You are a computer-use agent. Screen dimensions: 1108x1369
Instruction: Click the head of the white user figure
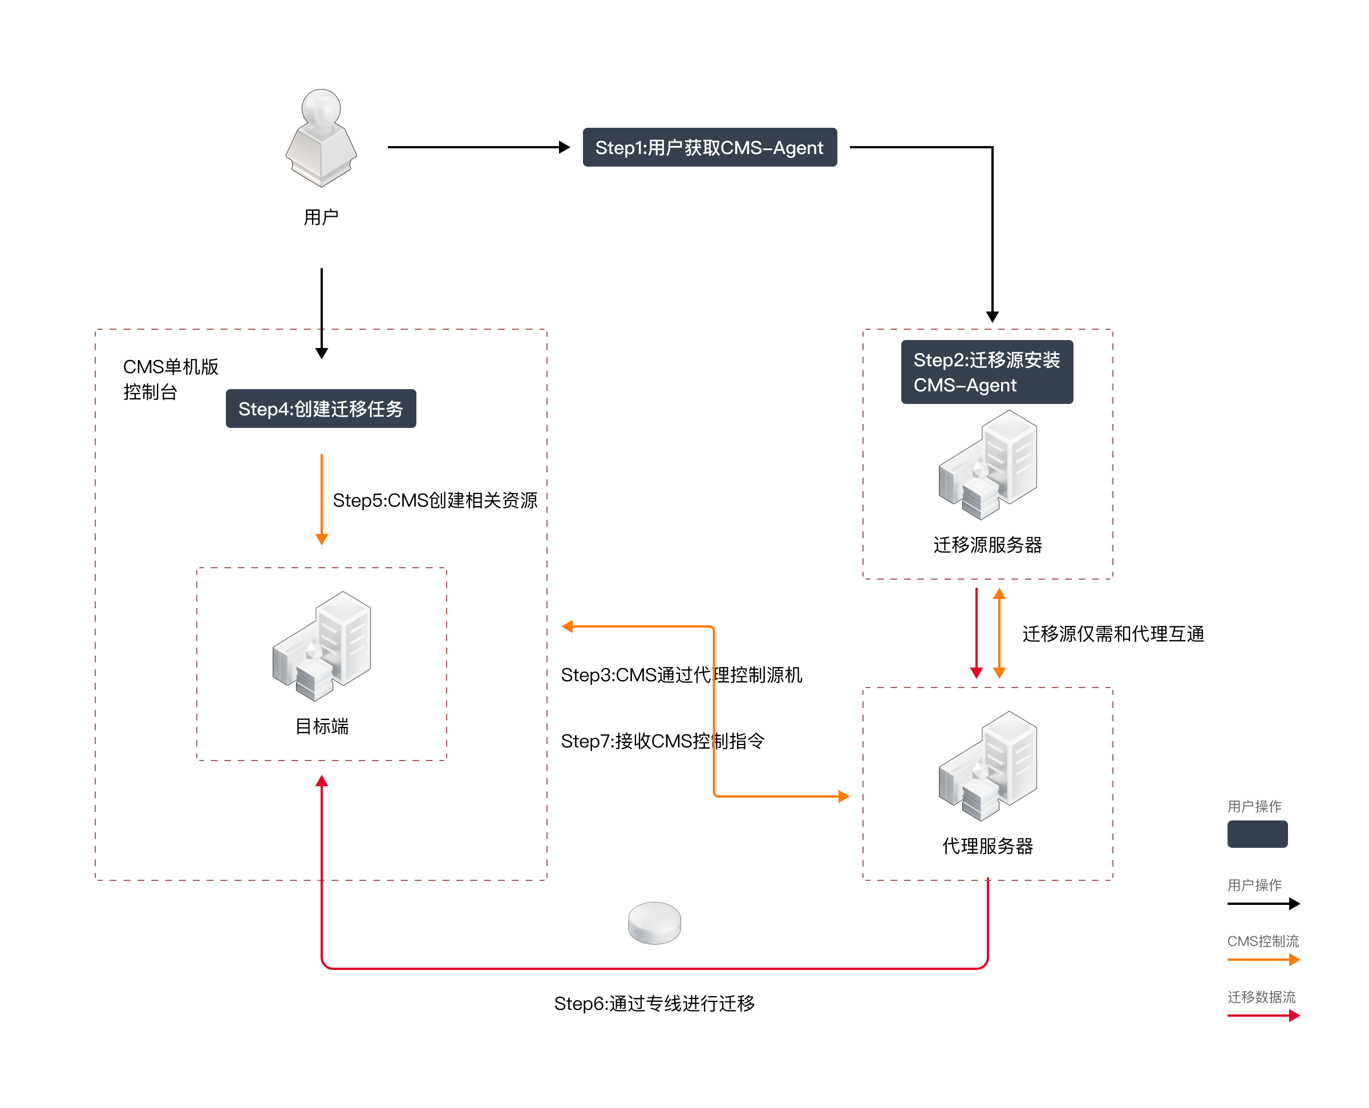(321, 107)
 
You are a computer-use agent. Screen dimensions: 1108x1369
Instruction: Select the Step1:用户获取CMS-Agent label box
(710, 147)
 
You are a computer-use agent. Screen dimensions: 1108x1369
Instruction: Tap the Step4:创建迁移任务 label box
(321, 409)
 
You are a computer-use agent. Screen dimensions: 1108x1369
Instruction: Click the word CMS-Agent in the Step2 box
(965, 386)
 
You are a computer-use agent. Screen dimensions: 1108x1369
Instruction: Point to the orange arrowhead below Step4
(322, 539)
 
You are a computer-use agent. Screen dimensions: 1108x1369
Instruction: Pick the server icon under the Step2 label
(987, 464)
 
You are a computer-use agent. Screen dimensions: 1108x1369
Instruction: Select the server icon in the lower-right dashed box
(987, 766)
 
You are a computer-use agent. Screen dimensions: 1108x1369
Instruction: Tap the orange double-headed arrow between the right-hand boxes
(999, 633)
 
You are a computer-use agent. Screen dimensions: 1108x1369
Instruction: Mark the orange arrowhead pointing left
(567, 627)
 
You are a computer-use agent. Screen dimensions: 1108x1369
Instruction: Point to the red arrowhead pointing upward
(322, 781)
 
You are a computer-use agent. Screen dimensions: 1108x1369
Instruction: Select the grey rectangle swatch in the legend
(1257, 834)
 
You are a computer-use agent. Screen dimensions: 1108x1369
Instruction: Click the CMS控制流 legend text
(1263, 941)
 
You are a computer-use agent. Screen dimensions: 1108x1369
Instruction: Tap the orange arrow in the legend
(1263, 960)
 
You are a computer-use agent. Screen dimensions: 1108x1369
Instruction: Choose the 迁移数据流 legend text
(1261, 997)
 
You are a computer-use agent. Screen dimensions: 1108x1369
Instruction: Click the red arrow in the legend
(1263, 1016)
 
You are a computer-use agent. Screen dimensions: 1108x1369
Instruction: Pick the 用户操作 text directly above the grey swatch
(1254, 807)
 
